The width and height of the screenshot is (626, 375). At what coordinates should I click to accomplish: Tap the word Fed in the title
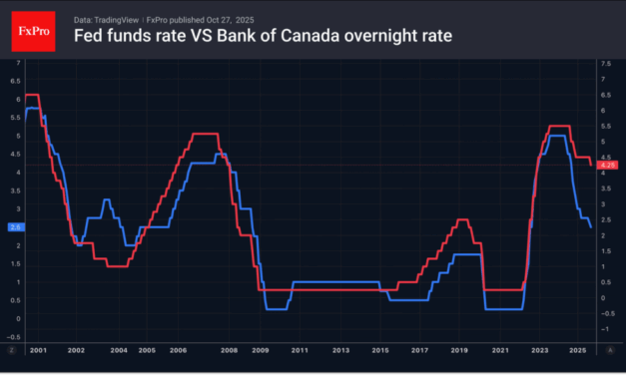coord(90,37)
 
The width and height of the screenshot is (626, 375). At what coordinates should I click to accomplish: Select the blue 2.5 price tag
coord(14,227)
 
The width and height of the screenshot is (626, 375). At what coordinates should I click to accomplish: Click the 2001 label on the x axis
coord(37,351)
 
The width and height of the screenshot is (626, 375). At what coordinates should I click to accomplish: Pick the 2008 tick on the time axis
coord(229,351)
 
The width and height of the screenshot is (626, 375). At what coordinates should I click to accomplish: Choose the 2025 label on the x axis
coord(576,351)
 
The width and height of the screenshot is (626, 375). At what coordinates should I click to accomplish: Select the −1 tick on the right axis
coord(607,329)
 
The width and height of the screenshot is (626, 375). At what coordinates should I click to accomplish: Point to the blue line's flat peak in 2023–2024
coord(555,135)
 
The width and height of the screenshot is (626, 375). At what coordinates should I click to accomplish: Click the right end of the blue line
coord(590,227)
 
